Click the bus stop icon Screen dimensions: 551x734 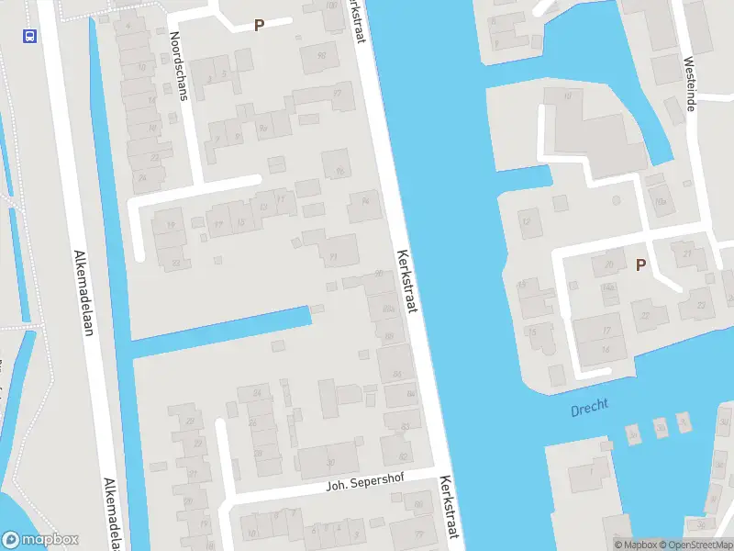point(29,36)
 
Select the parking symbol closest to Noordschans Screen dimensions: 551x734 point(259,26)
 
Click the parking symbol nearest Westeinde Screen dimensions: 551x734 point(640,264)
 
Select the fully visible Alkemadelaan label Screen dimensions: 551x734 point(83,293)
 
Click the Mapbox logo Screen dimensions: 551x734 point(40,540)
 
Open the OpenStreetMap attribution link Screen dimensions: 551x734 point(695,545)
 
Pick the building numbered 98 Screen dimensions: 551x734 point(321,56)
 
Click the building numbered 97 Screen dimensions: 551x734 point(338,94)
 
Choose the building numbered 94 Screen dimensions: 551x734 point(364,204)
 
